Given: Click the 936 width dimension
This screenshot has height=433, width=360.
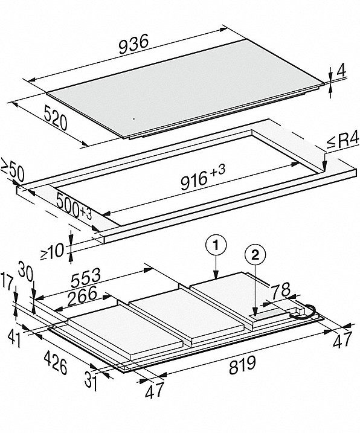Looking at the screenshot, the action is coord(133,43).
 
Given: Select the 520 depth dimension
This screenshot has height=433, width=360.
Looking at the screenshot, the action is coord(56,118).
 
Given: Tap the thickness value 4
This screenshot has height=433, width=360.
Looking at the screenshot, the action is coord(341,71).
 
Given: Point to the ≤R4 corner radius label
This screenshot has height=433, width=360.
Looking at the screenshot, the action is coord(342,141).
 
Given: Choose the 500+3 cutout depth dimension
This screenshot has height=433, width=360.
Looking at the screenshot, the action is coord(74,207).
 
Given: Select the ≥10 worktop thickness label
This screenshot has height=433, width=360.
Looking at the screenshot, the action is coord(52,252).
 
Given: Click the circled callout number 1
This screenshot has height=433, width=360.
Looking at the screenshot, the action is coord(216,245).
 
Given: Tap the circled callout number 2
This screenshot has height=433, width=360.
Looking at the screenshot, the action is coord(256,255).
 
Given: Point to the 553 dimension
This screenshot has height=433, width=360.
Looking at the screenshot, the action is coord(85,278).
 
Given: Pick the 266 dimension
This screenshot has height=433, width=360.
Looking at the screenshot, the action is coord(82,296).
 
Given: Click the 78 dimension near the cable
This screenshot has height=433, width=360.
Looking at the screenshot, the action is coord(280,290).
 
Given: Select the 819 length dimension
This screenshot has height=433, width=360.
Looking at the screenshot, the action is coord(243,365).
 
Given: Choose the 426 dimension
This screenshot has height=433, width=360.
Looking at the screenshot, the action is coord(56,363).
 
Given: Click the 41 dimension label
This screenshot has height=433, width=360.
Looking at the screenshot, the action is coord(14,339).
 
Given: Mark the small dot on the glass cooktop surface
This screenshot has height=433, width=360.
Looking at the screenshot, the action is coord(134,119).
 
